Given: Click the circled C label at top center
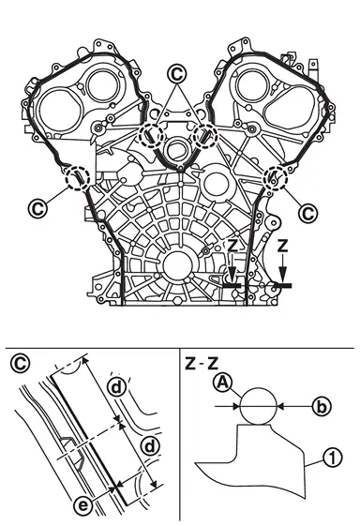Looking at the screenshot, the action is (x=177, y=74).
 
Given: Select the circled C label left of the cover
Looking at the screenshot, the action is (x=37, y=208).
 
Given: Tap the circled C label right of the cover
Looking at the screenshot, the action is (x=308, y=213).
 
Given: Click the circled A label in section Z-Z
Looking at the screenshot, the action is (x=223, y=383).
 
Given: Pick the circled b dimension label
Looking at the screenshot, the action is (x=321, y=407).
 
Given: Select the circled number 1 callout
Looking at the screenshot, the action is (x=333, y=458).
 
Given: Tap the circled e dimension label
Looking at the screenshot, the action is (x=82, y=505).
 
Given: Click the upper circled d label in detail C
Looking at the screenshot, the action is (x=116, y=388).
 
